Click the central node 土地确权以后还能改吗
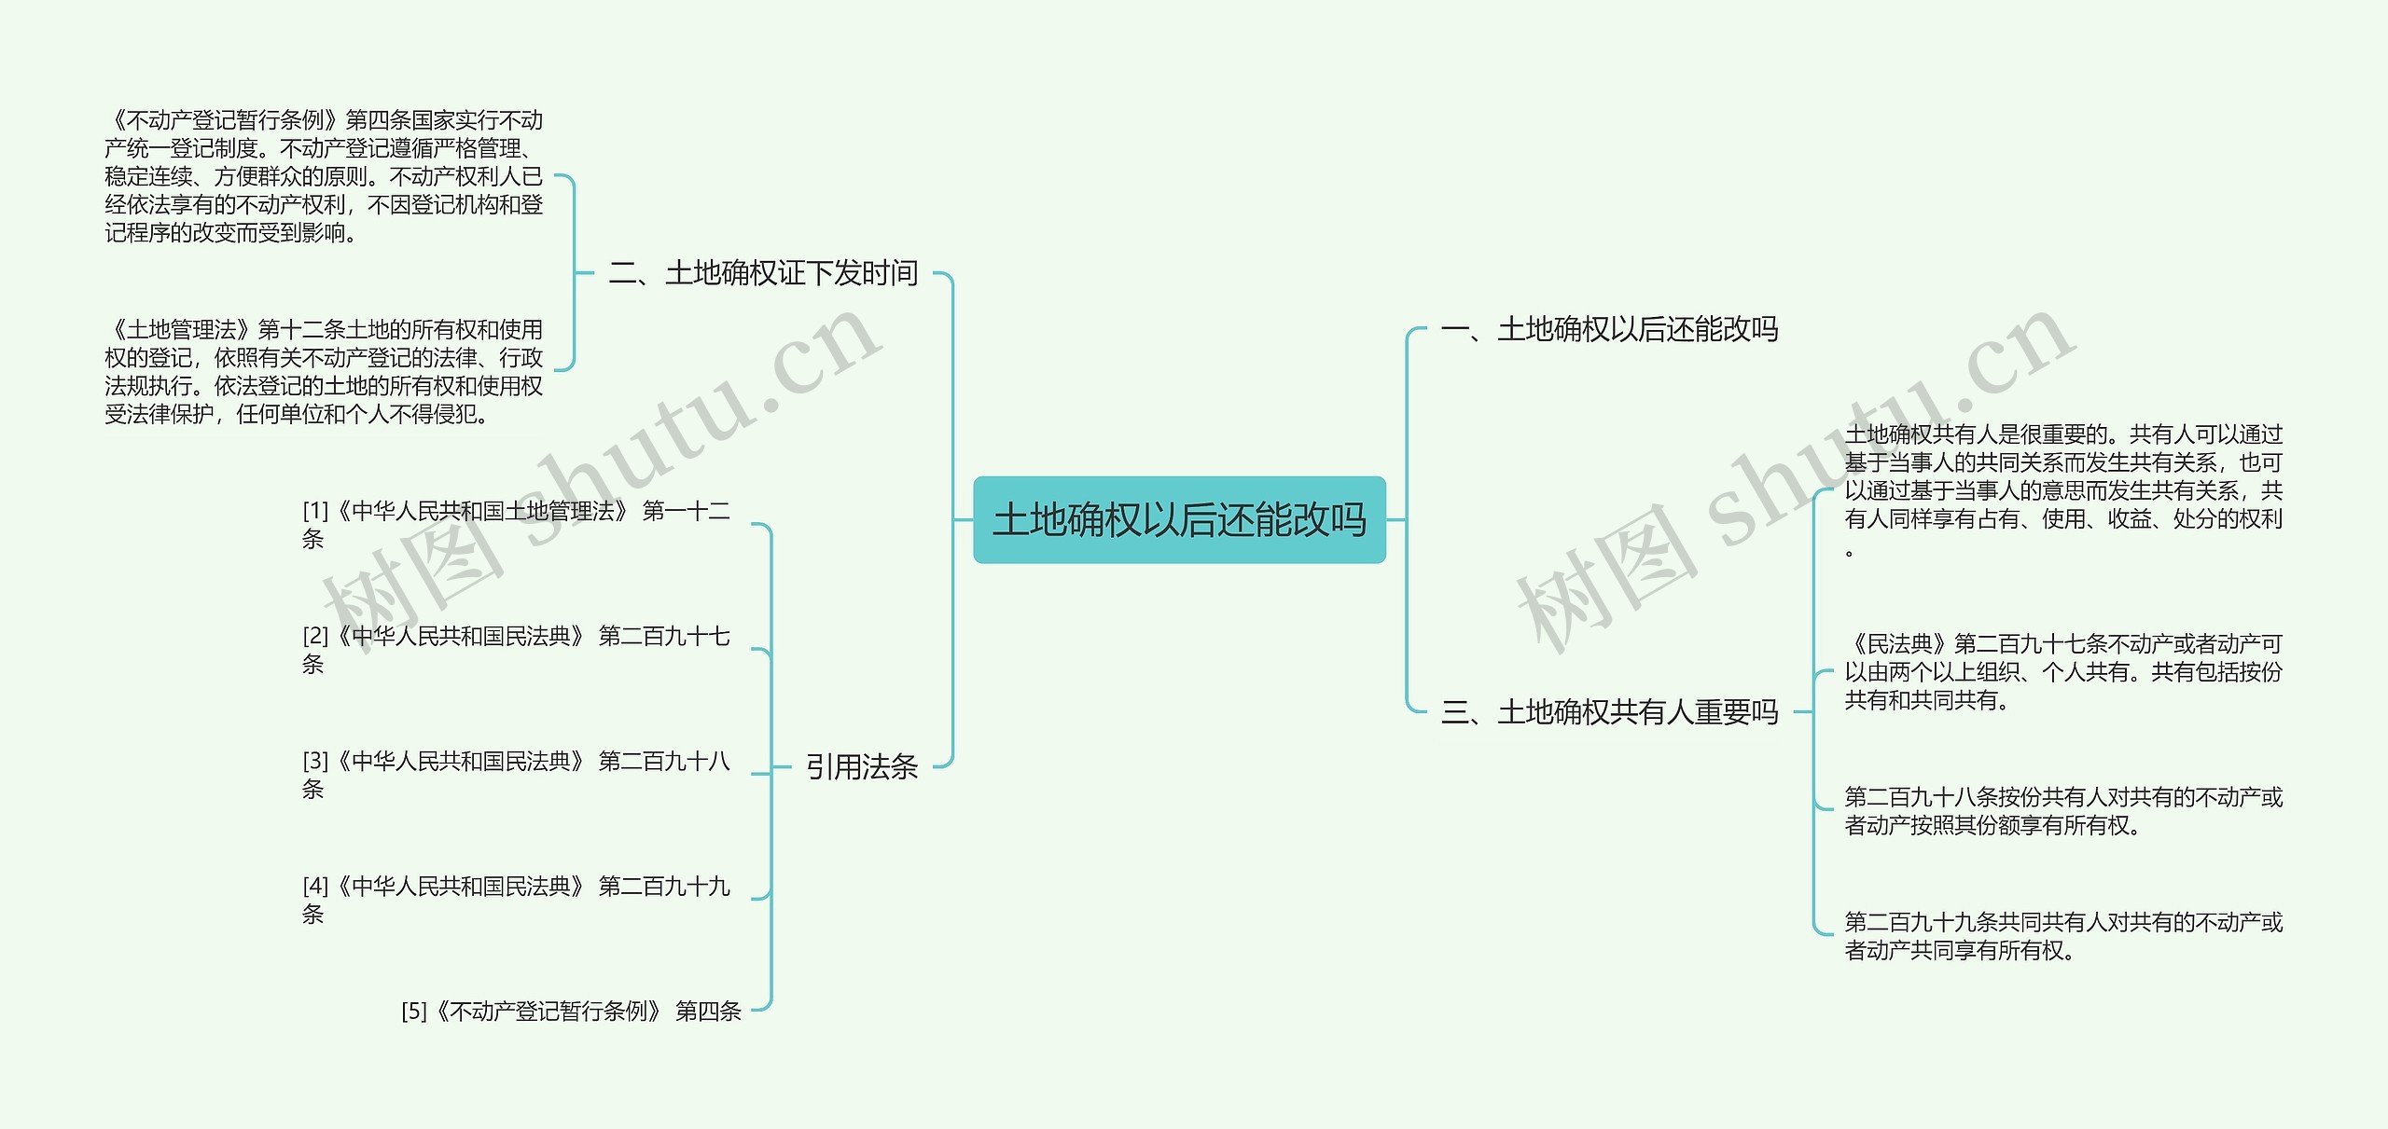[x=1179, y=520]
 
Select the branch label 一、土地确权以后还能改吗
[x=1609, y=329]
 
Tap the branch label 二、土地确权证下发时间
[x=763, y=273]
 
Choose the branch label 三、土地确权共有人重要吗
[x=1609, y=712]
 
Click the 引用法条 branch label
[x=861, y=767]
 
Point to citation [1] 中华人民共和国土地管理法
[x=515, y=524]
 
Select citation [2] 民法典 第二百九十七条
[x=515, y=650]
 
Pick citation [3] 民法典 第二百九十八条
[x=515, y=775]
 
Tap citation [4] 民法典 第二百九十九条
[x=515, y=900]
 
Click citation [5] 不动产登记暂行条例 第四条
[x=571, y=1012]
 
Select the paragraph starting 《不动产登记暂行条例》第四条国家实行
[x=324, y=176]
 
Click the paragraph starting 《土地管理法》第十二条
[x=324, y=371]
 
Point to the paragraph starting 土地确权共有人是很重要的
[x=2063, y=489]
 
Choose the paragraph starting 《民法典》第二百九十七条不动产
[x=2063, y=671]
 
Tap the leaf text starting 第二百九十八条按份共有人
[x=2063, y=811]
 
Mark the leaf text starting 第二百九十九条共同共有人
[x=2063, y=936]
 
